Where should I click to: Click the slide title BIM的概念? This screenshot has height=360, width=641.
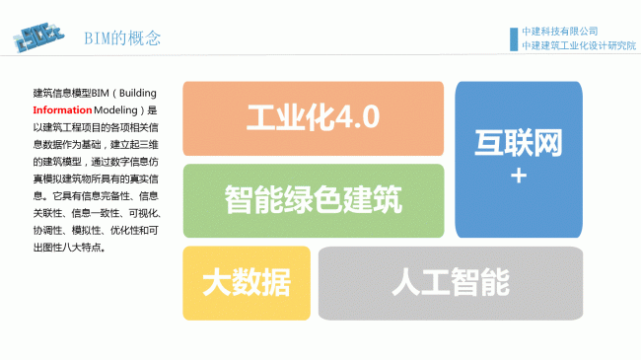pyautogui.click(x=122, y=38)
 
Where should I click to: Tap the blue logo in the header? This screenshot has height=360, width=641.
pyautogui.click(x=38, y=37)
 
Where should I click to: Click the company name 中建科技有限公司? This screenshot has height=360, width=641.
pyautogui.click(x=560, y=32)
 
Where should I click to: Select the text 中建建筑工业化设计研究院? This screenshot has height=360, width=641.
pyautogui.click(x=579, y=45)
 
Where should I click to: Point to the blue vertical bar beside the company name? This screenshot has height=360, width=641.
pyautogui.click(x=514, y=39)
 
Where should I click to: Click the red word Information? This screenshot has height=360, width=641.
pyautogui.click(x=62, y=110)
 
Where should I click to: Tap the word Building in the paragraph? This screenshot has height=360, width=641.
pyautogui.click(x=138, y=94)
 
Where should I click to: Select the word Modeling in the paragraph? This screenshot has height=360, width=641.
pyautogui.click(x=115, y=110)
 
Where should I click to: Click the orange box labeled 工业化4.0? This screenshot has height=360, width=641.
pyautogui.click(x=314, y=118)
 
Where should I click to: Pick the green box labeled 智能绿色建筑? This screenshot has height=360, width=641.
pyautogui.click(x=314, y=201)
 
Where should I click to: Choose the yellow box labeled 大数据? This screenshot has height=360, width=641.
pyautogui.click(x=247, y=283)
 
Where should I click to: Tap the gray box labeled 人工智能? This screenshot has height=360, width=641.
pyautogui.click(x=451, y=283)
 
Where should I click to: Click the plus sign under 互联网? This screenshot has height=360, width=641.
pyautogui.click(x=519, y=177)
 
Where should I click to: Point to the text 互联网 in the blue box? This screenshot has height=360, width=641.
pyautogui.click(x=519, y=143)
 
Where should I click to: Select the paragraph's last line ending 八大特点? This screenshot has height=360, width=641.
pyautogui.click(x=69, y=248)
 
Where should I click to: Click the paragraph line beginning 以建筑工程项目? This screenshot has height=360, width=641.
pyautogui.click(x=96, y=127)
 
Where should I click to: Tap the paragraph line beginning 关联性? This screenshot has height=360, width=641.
pyautogui.click(x=98, y=213)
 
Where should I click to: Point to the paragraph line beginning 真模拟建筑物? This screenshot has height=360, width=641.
pyautogui.click(x=96, y=179)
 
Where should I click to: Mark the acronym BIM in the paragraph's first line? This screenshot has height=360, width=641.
pyautogui.click(x=101, y=94)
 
